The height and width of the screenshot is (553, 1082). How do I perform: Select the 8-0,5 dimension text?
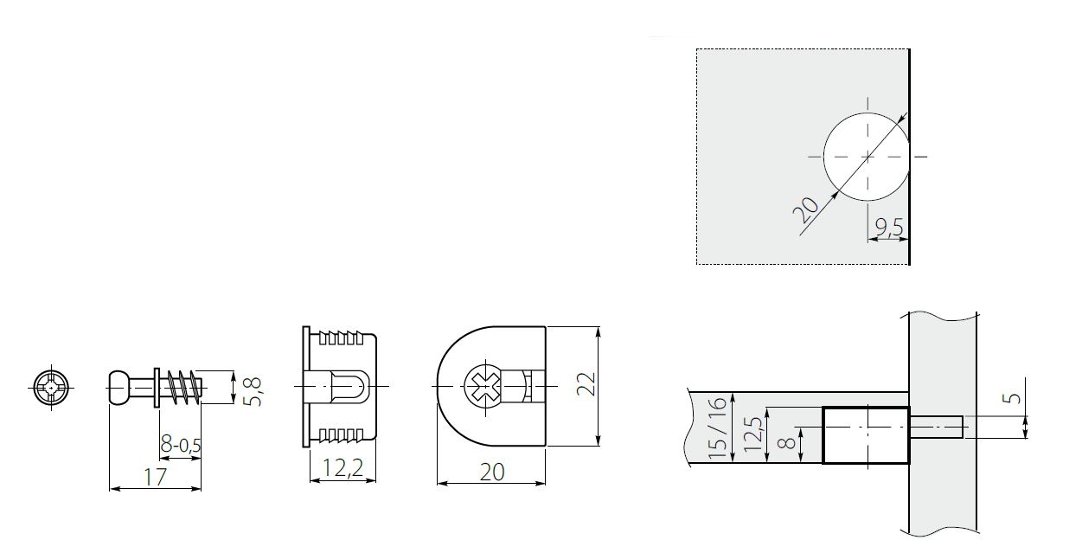pyautogui.click(x=182, y=445)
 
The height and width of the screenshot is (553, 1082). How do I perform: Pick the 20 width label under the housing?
pyautogui.click(x=491, y=472)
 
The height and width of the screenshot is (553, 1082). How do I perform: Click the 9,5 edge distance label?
pyautogui.click(x=888, y=227)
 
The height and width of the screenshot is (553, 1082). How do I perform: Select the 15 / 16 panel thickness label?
pyautogui.click(x=715, y=430)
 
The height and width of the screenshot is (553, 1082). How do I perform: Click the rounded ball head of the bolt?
pyautogui.click(x=121, y=386)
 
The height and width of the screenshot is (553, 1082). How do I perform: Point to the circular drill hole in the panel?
pyautogui.click(x=866, y=157)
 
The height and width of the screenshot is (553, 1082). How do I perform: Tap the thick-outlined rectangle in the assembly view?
pyautogui.click(x=864, y=434)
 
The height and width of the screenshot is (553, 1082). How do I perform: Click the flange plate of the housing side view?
pyautogui.click(x=305, y=386)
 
